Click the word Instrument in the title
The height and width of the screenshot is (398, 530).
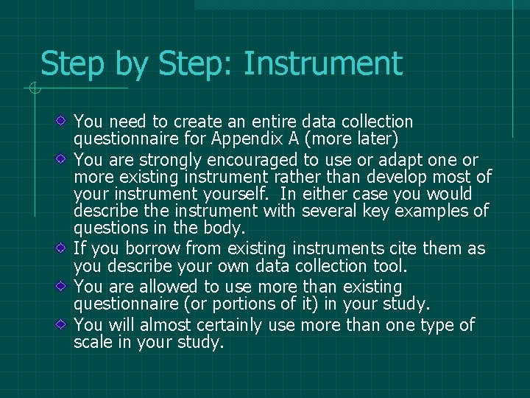click(x=323, y=64)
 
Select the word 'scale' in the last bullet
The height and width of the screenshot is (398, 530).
click(x=93, y=342)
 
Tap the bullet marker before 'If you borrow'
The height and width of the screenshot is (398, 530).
click(x=65, y=246)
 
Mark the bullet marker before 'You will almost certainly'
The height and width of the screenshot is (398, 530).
click(x=65, y=323)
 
